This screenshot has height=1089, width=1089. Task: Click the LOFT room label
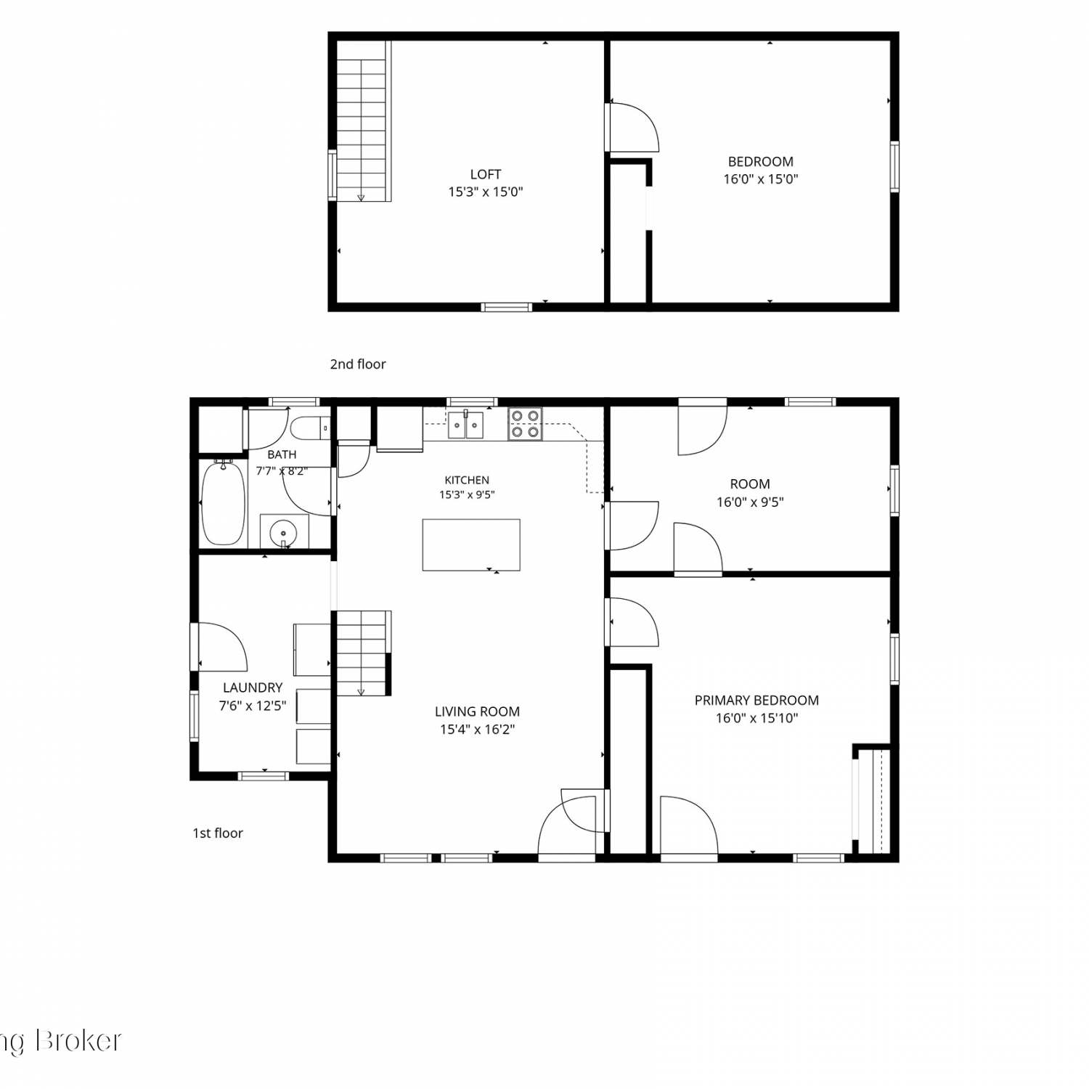click(x=486, y=174)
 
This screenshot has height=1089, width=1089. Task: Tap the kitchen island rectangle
click(x=471, y=544)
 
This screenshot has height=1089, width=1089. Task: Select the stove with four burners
click(x=526, y=424)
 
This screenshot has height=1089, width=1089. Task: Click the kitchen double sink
click(x=465, y=424)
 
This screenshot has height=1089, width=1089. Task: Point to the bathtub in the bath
click(x=223, y=503)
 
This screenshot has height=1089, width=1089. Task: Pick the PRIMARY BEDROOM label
click(x=756, y=701)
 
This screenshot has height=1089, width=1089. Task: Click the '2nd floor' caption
click(x=358, y=364)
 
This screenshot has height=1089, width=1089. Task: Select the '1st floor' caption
click(x=218, y=833)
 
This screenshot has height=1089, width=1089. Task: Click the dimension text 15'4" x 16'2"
click(x=477, y=730)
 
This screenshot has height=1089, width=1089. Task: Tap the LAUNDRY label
click(x=253, y=688)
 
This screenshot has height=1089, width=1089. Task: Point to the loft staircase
click(x=364, y=121)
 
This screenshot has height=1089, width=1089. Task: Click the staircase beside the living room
click(x=364, y=653)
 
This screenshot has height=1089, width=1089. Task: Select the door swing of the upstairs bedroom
click(x=634, y=127)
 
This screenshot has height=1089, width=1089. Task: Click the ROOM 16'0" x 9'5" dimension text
click(x=750, y=502)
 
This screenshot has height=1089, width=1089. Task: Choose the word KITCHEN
click(x=467, y=480)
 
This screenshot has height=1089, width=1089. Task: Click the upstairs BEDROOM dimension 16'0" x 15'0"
click(x=761, y=179)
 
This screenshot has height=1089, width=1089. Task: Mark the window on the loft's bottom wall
click(x=507, y=308)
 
